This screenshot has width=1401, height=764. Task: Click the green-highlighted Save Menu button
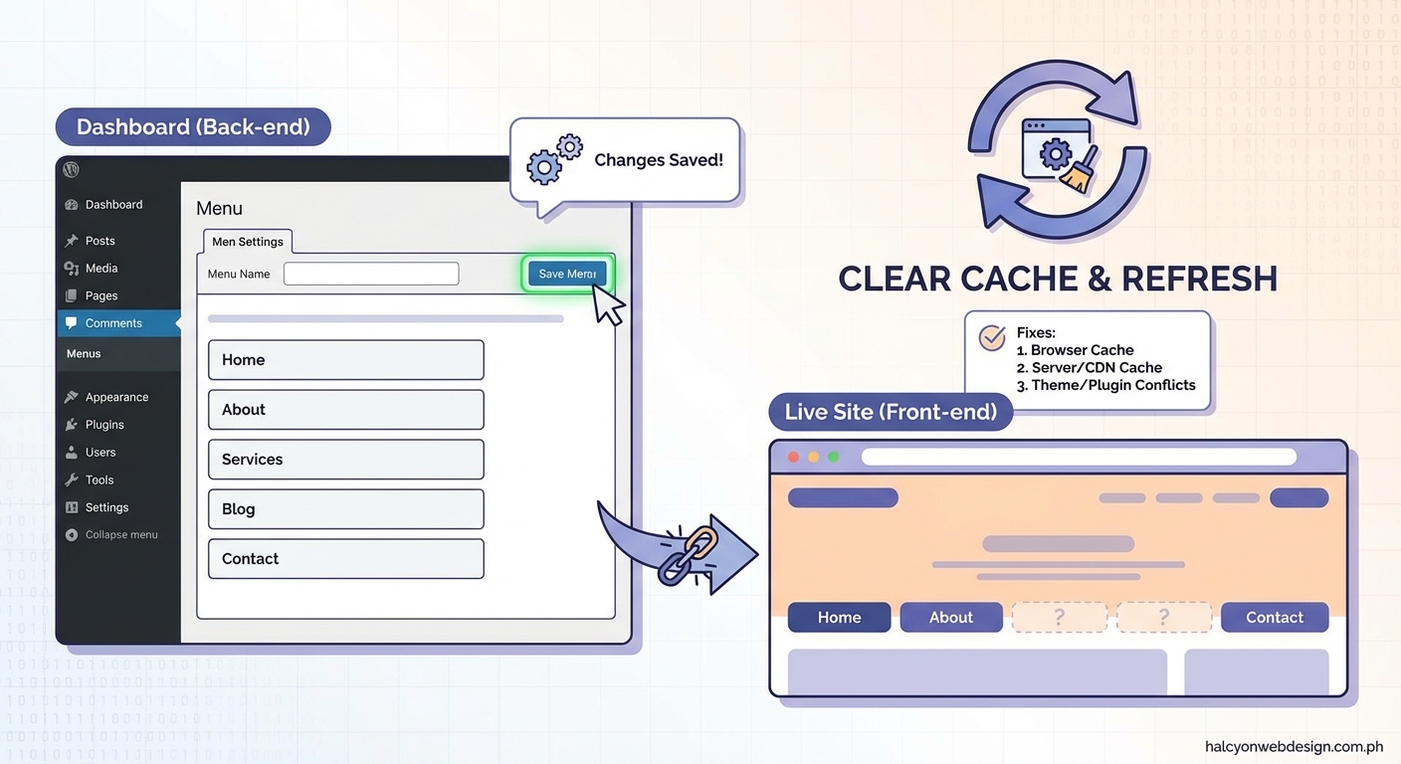566,274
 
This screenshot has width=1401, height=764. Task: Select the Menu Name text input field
371,274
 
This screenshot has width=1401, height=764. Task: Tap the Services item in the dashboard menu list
345,460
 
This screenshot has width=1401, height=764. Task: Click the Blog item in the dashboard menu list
345,509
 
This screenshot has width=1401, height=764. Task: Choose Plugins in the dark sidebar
104,425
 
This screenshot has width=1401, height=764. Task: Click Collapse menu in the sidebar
120,535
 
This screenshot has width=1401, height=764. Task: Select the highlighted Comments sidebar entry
113,323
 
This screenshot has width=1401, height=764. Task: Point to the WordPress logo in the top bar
71,170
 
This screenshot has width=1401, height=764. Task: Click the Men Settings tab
248,242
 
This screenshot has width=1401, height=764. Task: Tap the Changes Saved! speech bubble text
658,160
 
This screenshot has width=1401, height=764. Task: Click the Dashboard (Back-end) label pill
193,127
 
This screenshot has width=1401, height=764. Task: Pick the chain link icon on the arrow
688,554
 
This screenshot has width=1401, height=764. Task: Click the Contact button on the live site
1274,618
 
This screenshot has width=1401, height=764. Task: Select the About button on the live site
950,618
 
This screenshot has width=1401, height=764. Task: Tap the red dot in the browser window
793,457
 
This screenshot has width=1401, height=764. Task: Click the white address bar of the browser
1079,457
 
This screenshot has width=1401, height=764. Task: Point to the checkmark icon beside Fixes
992,338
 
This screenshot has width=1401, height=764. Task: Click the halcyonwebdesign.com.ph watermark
1294,746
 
